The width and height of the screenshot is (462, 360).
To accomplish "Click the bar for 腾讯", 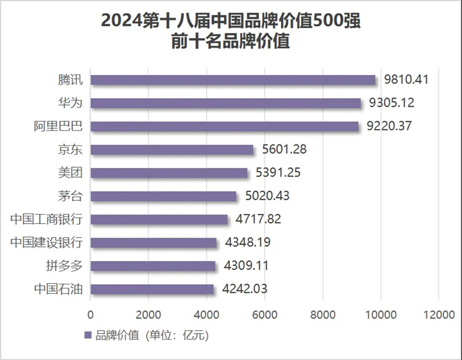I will click(233, 80).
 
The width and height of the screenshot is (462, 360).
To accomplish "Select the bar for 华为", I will click(226, 103).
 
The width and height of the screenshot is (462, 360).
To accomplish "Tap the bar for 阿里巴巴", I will click(225, 126).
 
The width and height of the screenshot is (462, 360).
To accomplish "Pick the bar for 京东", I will click(172, 149).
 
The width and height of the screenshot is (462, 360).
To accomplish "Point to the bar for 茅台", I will click(163, 196).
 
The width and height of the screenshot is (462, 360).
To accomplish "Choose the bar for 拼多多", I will click(153, 266).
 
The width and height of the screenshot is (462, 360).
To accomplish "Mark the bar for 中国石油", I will click(152, 289).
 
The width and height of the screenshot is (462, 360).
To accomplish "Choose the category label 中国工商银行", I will click(47, 219).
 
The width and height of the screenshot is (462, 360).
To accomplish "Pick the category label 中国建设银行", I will click(47, 242).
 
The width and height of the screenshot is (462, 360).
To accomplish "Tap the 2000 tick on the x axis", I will click(148, 314).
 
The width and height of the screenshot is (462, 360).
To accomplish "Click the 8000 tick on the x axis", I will click(323, 314).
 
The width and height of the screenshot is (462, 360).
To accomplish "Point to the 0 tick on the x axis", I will click(91, 314).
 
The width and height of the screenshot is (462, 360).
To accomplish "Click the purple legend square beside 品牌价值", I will click(88, 335).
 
